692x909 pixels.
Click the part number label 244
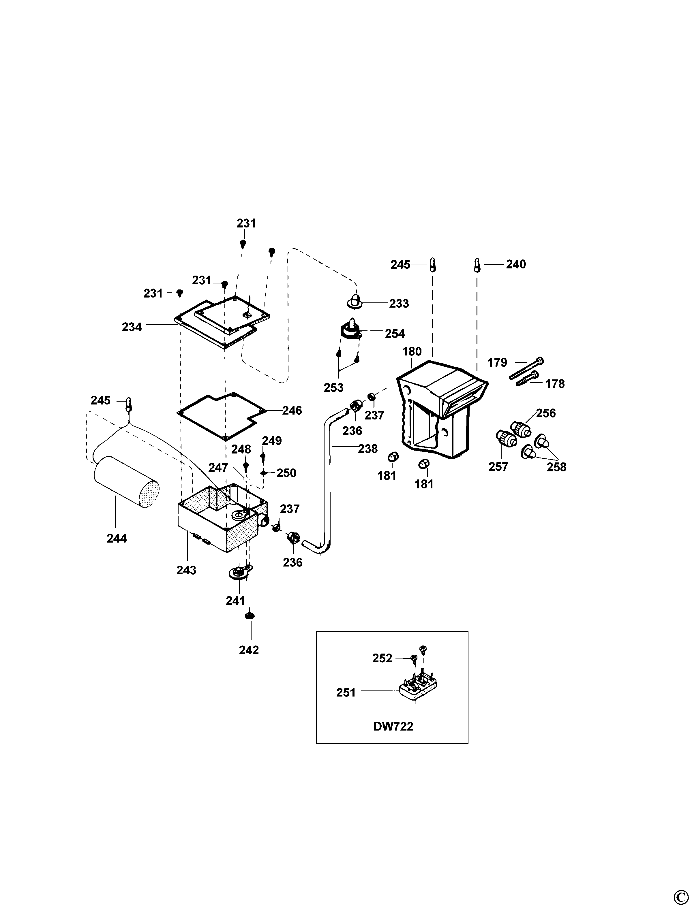[x=117, y=539]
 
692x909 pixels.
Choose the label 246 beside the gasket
[x=292, y=411]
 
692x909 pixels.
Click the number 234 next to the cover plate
[x=132, y=327]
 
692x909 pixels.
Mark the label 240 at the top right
[x=516, y=264]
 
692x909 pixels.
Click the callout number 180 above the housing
[x=412, y=352]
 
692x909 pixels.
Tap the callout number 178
[x=555, y=384]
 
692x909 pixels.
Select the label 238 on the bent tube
[x=367, y=449]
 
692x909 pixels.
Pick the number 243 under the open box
[x=186, y=570]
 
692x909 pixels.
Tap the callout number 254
[x=395, y=334]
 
